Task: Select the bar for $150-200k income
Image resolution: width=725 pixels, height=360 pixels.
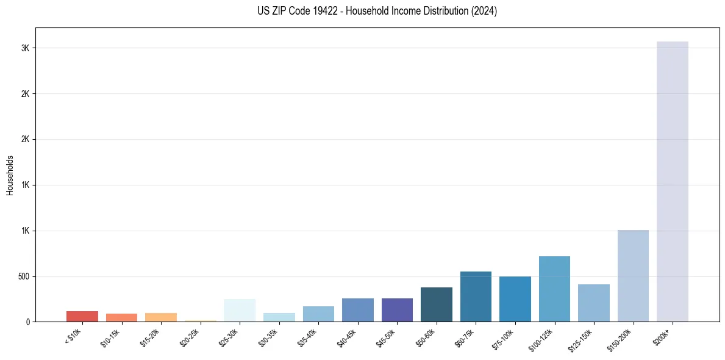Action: [633, 276]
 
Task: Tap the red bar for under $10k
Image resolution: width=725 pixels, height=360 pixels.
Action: [82, 316]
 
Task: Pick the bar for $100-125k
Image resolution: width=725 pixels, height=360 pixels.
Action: [554, 289]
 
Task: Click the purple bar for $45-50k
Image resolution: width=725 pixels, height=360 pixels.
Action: [397, 310]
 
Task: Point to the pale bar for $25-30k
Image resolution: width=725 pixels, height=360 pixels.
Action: [240, 310]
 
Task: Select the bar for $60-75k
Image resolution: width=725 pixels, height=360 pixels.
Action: [476, 297]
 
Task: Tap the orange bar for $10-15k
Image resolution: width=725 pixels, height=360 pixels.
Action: [121, 317]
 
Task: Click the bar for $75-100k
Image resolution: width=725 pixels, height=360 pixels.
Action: [515, 299]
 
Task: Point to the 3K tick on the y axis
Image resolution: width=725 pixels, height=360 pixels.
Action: [25, 48]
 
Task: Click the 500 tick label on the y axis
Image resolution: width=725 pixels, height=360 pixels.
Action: [23, 276]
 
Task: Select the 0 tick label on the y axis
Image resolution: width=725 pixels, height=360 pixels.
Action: [28, 322]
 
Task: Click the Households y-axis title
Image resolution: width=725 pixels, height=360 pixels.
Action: [10, 175]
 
